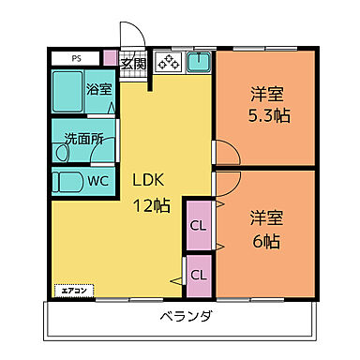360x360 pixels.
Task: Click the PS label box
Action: click(79, 58)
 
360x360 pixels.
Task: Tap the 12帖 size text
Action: click(151, 205)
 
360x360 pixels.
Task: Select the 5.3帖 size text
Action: click(266, 119)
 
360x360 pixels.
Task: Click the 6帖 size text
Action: click(267, 239)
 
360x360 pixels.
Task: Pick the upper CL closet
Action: click(198, 225)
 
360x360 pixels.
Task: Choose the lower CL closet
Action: click(198, 275)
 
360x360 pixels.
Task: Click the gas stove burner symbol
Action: click(169, 63)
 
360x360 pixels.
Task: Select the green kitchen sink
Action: click(199, 63)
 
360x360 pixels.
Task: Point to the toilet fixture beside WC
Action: click(67, 181)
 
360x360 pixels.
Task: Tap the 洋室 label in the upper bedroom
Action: click(266, 94)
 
